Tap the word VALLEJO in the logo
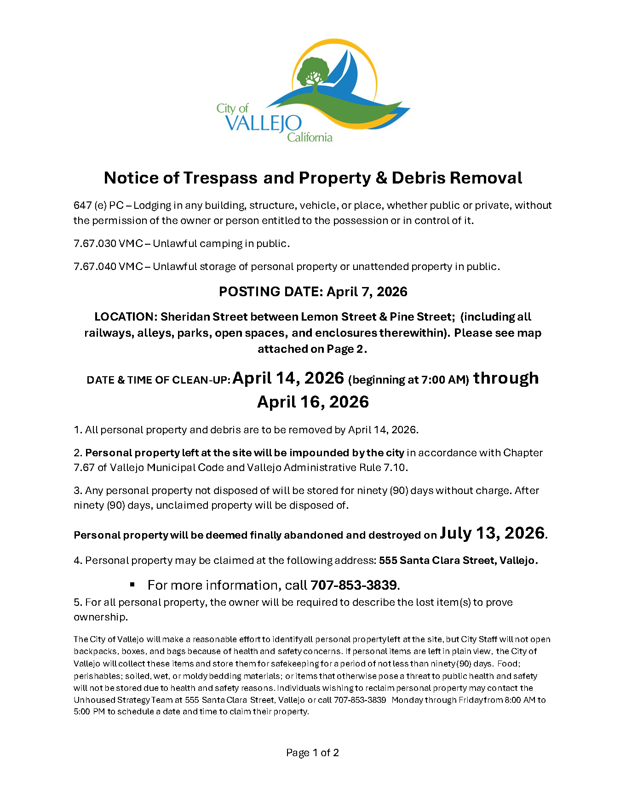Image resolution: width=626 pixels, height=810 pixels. pyautogui.click(x=264, y=123)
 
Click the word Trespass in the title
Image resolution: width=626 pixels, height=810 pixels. pyautogui.click(x=220, y=178)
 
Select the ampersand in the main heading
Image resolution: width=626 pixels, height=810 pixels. pyautogui.click(x=381, y=178)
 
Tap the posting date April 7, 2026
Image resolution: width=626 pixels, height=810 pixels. pyautogui.click(x=367, y=292)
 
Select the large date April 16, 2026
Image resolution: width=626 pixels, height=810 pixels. pyautogui.click(x=313, y=402)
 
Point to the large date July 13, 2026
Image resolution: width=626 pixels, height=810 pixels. pyautogui.click(x=492, y=533)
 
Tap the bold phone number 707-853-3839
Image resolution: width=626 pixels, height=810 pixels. pyautogui.click(x=353, y=585)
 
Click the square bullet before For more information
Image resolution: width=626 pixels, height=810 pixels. pyautogui.click(x=132, y=585)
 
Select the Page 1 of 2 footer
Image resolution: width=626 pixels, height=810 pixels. pyautogui.click(x=313, y=753)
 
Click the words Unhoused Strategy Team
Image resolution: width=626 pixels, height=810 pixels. pyautogui.click(x=128, y=700)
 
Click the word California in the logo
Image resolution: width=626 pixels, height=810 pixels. pyautogui.click(x=310, y=137)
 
